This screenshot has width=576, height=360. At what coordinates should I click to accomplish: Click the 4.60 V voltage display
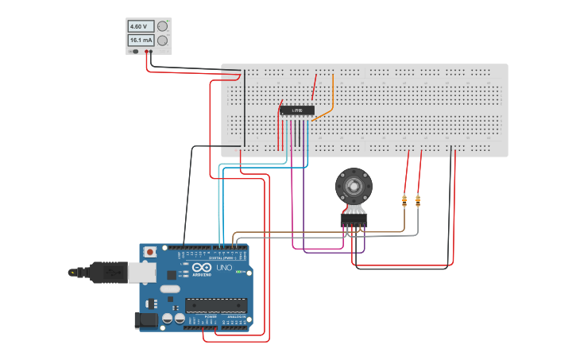[141, 26]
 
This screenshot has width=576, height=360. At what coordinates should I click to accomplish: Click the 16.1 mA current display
[141, 40]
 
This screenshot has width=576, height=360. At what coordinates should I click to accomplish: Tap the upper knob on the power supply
[163, 26]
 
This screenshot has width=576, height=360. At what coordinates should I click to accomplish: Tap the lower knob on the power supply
[163, 41]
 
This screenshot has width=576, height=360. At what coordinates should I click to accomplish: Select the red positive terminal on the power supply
[147, 52]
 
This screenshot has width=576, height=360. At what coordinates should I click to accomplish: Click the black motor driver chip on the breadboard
[297, 110]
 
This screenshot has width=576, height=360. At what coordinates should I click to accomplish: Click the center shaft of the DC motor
[354, 187]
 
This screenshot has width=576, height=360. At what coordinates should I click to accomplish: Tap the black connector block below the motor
[354, 219]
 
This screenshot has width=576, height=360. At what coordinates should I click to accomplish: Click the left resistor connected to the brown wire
[404, 200]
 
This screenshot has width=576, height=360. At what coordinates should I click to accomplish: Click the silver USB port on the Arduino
[143, 272]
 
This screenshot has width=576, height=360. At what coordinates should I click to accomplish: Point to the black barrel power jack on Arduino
[146, 320]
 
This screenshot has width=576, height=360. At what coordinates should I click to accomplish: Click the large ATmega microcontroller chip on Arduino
[215, 304]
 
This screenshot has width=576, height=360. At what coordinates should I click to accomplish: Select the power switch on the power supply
[134, 52]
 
